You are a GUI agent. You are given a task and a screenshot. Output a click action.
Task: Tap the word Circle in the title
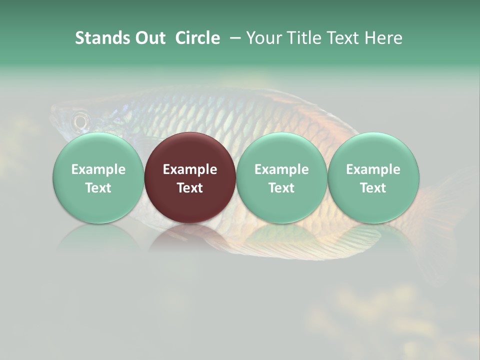[x=197, y=38]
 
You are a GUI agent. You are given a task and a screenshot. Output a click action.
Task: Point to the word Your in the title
[x=263, y=38]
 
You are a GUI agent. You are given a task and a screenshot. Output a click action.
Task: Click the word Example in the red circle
[x=190, y=169]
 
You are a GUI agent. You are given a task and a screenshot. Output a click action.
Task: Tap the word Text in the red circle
[x=190, y=188]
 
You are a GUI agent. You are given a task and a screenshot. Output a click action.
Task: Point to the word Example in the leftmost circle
[x=98, y=169]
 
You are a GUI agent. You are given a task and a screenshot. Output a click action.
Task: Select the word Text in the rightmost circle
[x=373, y=188]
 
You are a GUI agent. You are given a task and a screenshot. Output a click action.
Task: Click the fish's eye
[x=80, y=120]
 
